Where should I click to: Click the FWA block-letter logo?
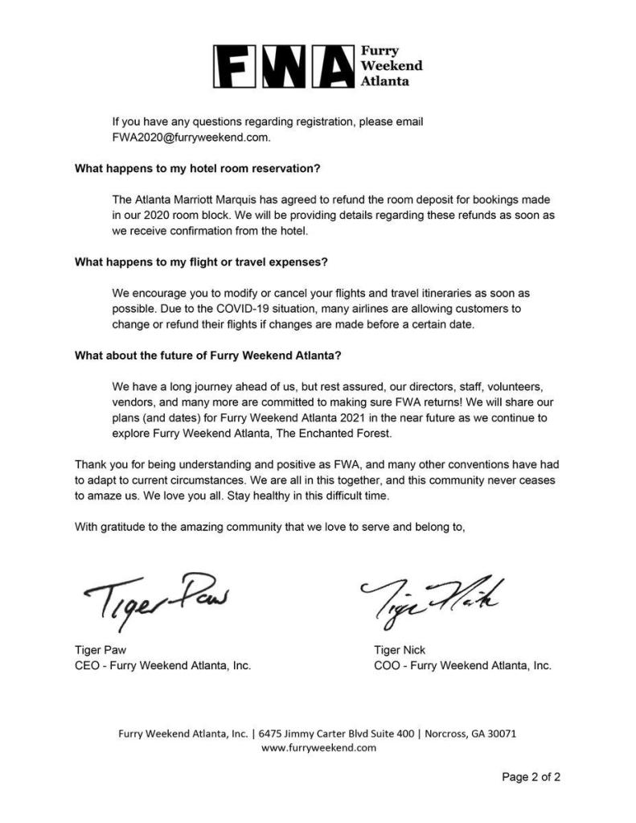click(283, 66)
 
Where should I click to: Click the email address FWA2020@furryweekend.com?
click(191, 137)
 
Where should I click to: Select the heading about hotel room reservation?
click(198, 169)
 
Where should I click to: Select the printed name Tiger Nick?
click(400, 650)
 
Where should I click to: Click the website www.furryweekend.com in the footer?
click(319, 747)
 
